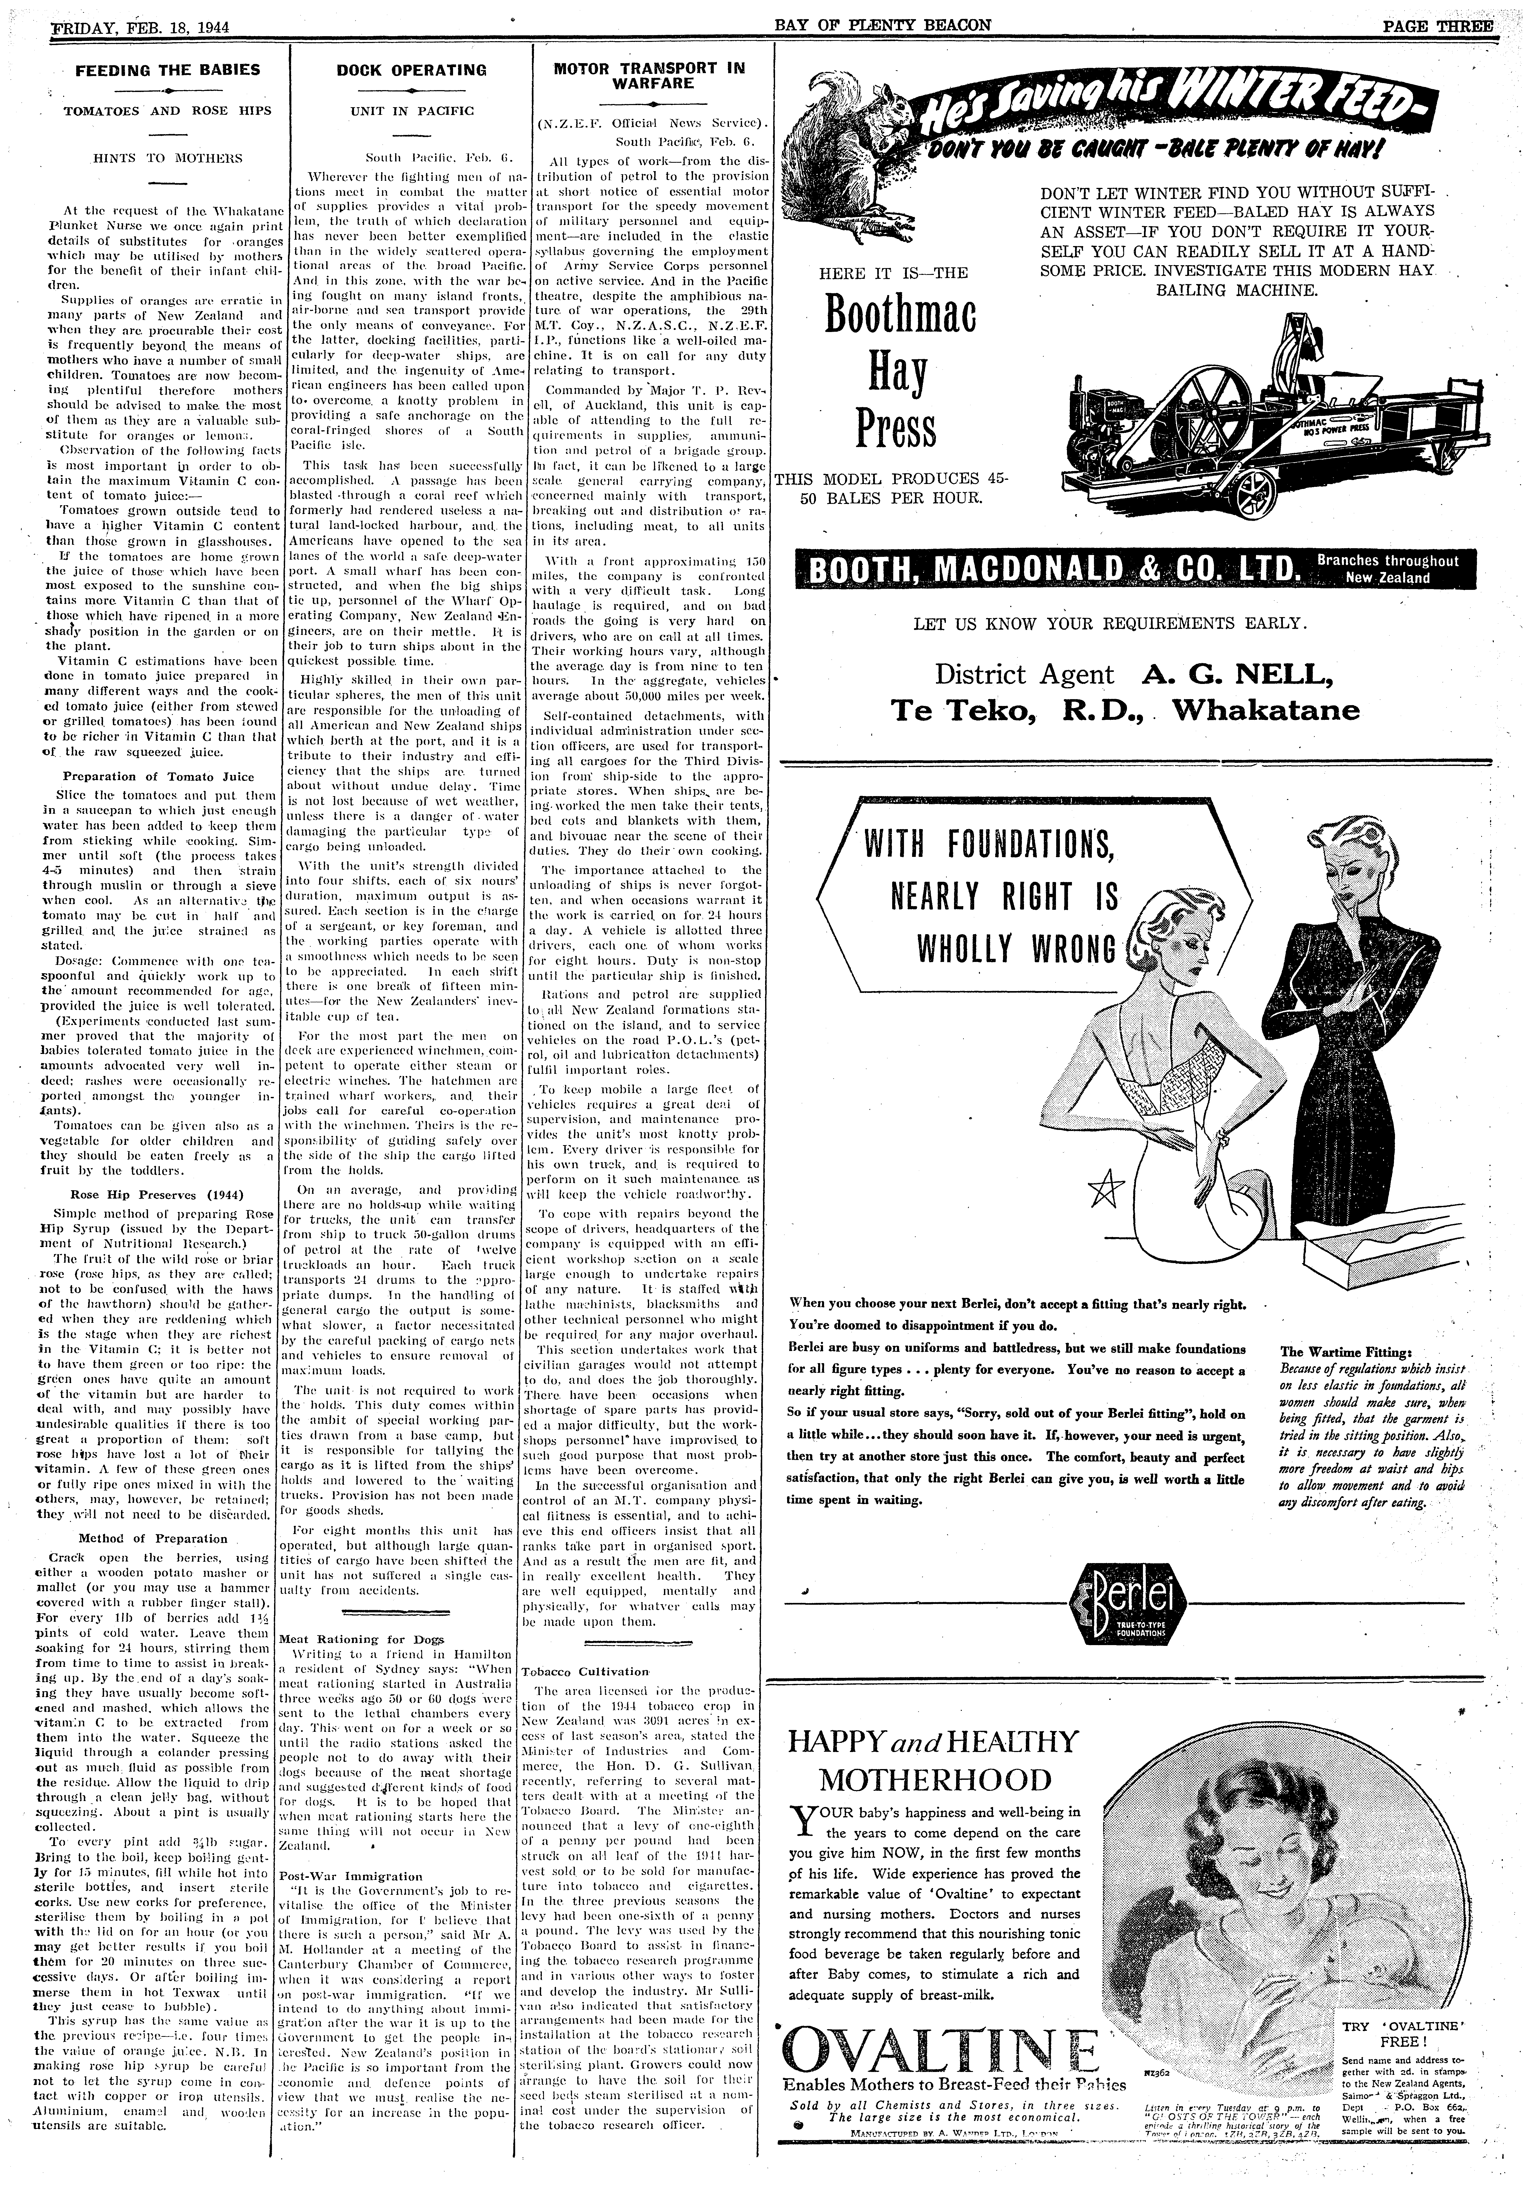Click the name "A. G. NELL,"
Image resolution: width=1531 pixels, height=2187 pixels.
coord(1236,674)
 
